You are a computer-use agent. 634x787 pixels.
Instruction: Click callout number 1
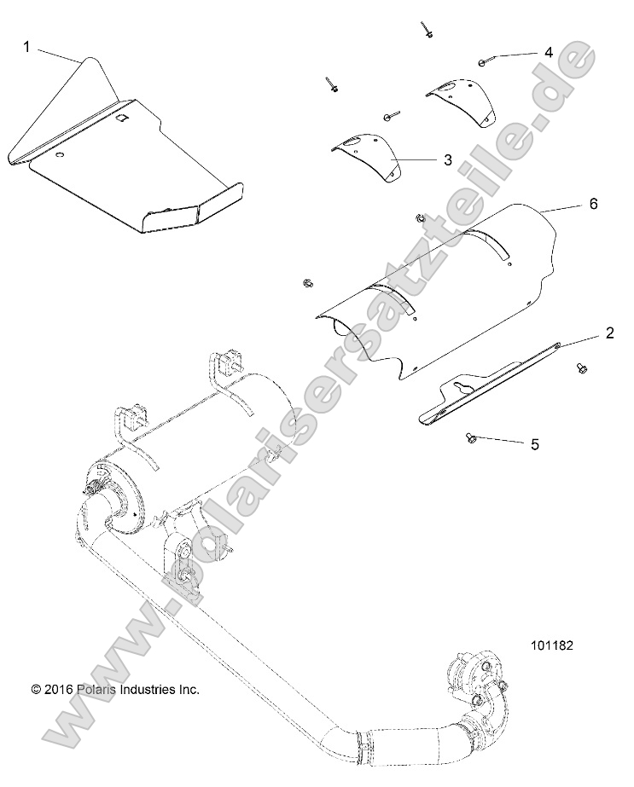[x=26, y=48]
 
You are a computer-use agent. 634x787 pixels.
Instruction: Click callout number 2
[x=609, y=333]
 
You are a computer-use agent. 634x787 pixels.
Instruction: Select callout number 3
[x=446, y=159]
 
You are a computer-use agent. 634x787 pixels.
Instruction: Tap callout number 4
[x=548, y=52]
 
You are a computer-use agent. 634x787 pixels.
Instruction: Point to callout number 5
[x=535, y=444]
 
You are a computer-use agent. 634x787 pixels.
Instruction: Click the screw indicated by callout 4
[x=483, y=61]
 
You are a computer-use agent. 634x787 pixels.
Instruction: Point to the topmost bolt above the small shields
[x=425, y=30]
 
